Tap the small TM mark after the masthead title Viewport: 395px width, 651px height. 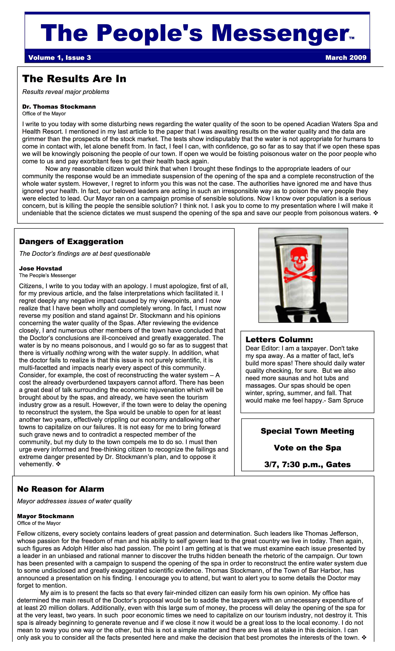click(x=352, y=38)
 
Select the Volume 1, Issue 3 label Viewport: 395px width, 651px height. click(x=59, y=58)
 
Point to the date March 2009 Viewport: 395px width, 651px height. click(x=346, y=58)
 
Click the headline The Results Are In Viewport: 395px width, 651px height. click(x=74, y=79)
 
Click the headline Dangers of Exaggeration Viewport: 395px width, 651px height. click(x=71, y=241)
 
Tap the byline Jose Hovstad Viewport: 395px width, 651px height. click(x=40, y=268)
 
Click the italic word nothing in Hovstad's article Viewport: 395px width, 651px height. click(x=76, y=353)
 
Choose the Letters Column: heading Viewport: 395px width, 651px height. click(x=279, y=339)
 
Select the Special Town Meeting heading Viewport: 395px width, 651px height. click(x=307, y=431)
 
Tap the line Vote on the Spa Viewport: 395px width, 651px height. click(x=307, y=448)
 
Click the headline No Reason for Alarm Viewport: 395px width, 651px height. click(x=60, y=489)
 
